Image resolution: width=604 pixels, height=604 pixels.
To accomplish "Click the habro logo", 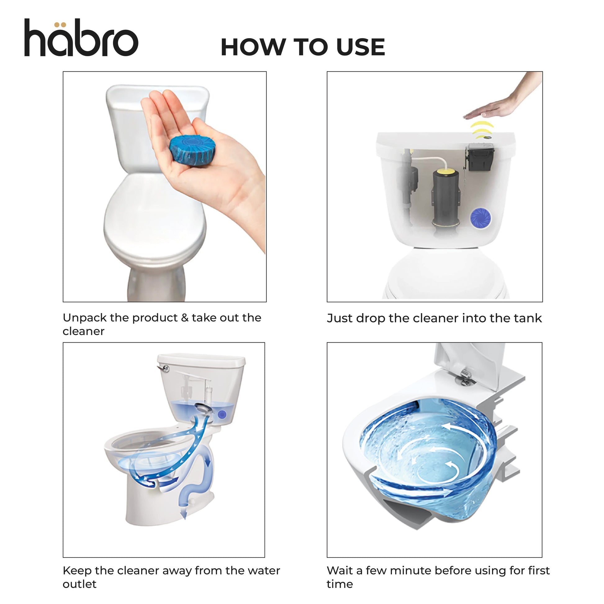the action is [81, 38].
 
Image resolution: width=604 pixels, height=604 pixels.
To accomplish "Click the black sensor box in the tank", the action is [480, 158].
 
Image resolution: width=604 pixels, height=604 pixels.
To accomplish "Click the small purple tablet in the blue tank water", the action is [222, 414].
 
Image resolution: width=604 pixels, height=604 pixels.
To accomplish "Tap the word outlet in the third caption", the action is [80, 584].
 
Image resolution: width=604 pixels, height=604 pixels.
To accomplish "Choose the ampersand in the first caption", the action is [185, 318].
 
